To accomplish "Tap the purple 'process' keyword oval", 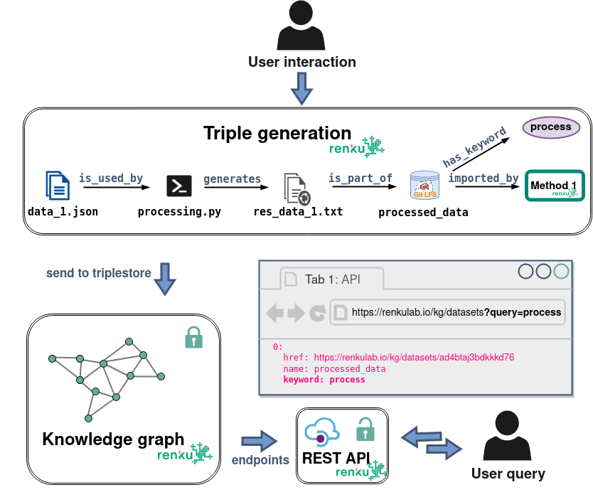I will pyautogui.click(x=551, y=127).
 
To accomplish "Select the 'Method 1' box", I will pyautogui.click(x=554, y=186).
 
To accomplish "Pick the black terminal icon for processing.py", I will pyautogui.click(x=178, y=185).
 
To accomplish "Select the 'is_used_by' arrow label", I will pyautogui.click(x=111, y=178).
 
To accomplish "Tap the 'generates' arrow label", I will pyautogui.click(x=232, y=178).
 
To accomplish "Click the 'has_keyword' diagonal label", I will pyautogui.click(x=474, y=147).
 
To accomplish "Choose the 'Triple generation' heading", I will pyautogui.click(x=277, y=133).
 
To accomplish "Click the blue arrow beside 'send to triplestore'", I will pyautogui.click(x=165, y=278).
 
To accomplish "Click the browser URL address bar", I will pyautogui.click(x=448, y=311).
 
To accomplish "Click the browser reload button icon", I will pyautogui.click(x=317, y=312).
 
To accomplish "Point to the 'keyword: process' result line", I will pyautogui.click(x=324, y=380).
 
